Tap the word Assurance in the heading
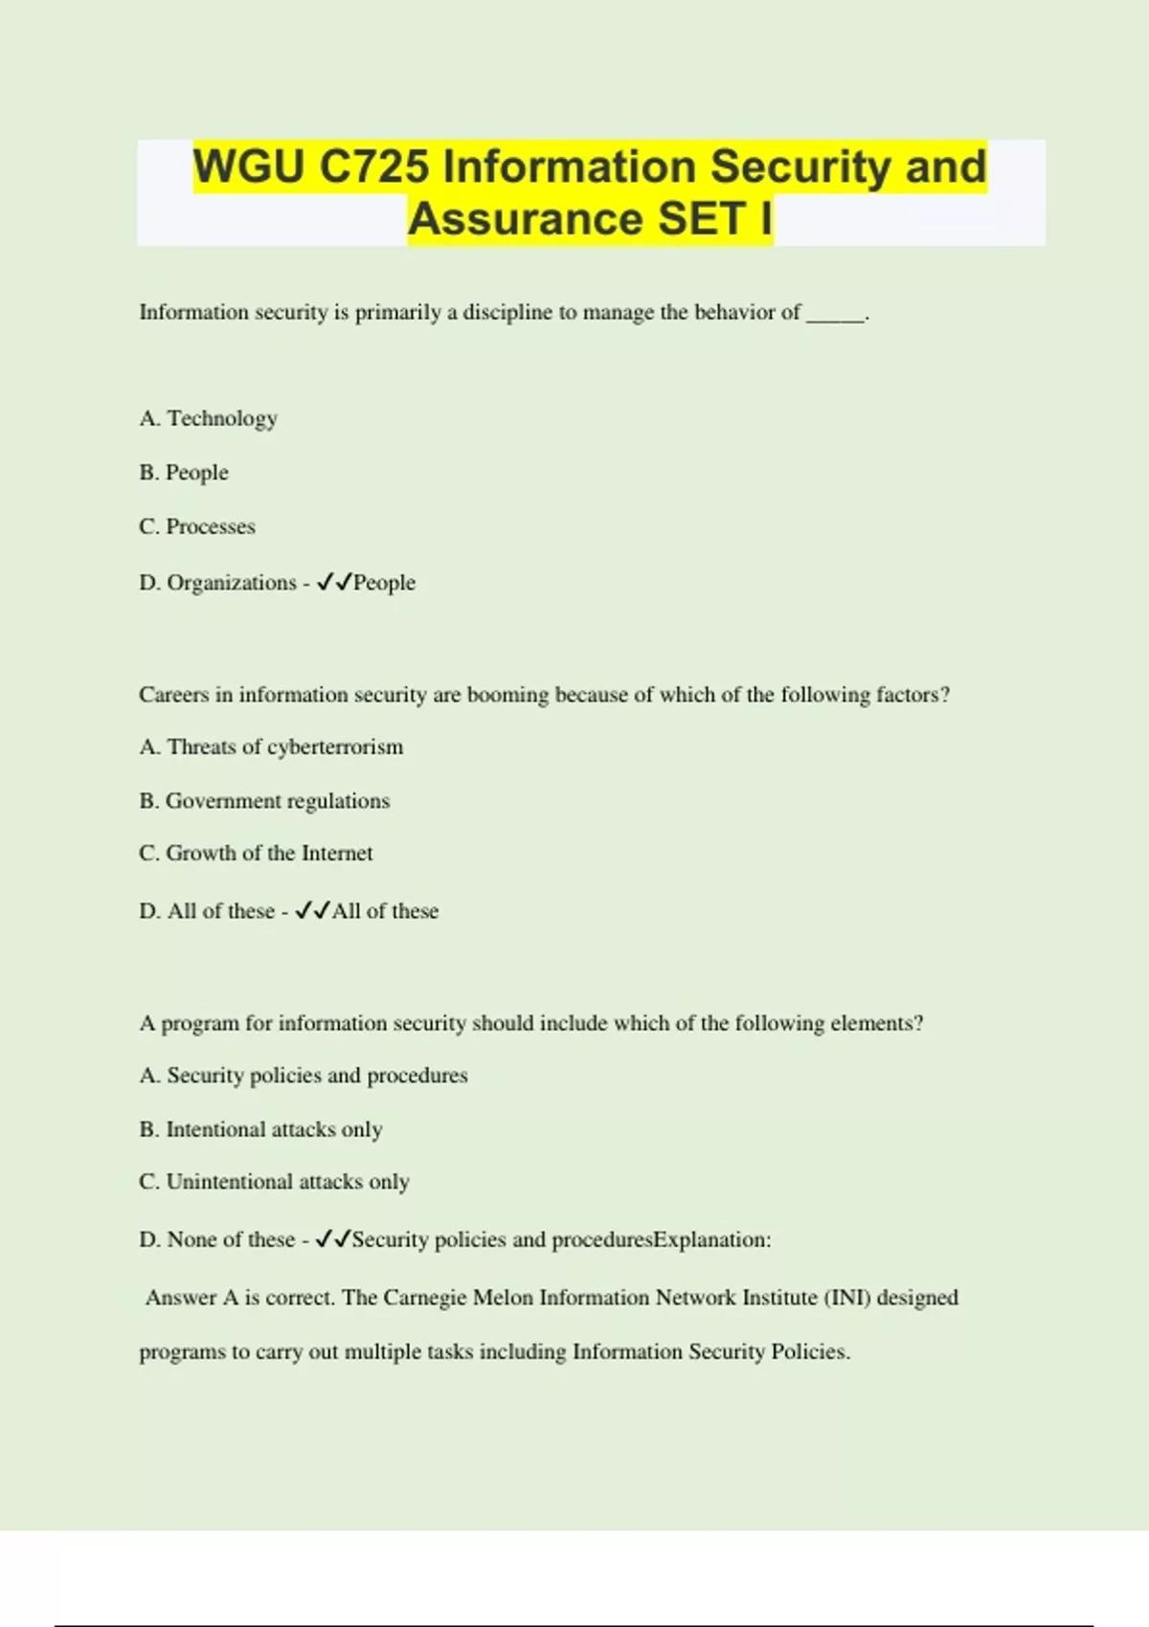click(x=526, y=218)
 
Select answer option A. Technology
click(x=209, y=418)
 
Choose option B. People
click(x=184, y=473)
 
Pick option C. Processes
click(x=197, y=526)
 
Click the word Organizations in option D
click(x=232, y=583)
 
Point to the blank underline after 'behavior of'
click(x=835, y=316)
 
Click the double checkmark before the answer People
click(x=335, y=582)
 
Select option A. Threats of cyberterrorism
click(x=271, y=747)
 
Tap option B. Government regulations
click(x=264, y=801)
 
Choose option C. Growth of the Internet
click(x=256, y=854)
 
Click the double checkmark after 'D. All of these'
click(x=313, y=911)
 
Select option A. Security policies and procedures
click(x=304, y=1076)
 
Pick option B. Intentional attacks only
click(x=260, y=1130)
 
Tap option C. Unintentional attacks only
click(x=274, y=1182)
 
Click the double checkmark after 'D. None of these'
click(x=334, y=1239)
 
